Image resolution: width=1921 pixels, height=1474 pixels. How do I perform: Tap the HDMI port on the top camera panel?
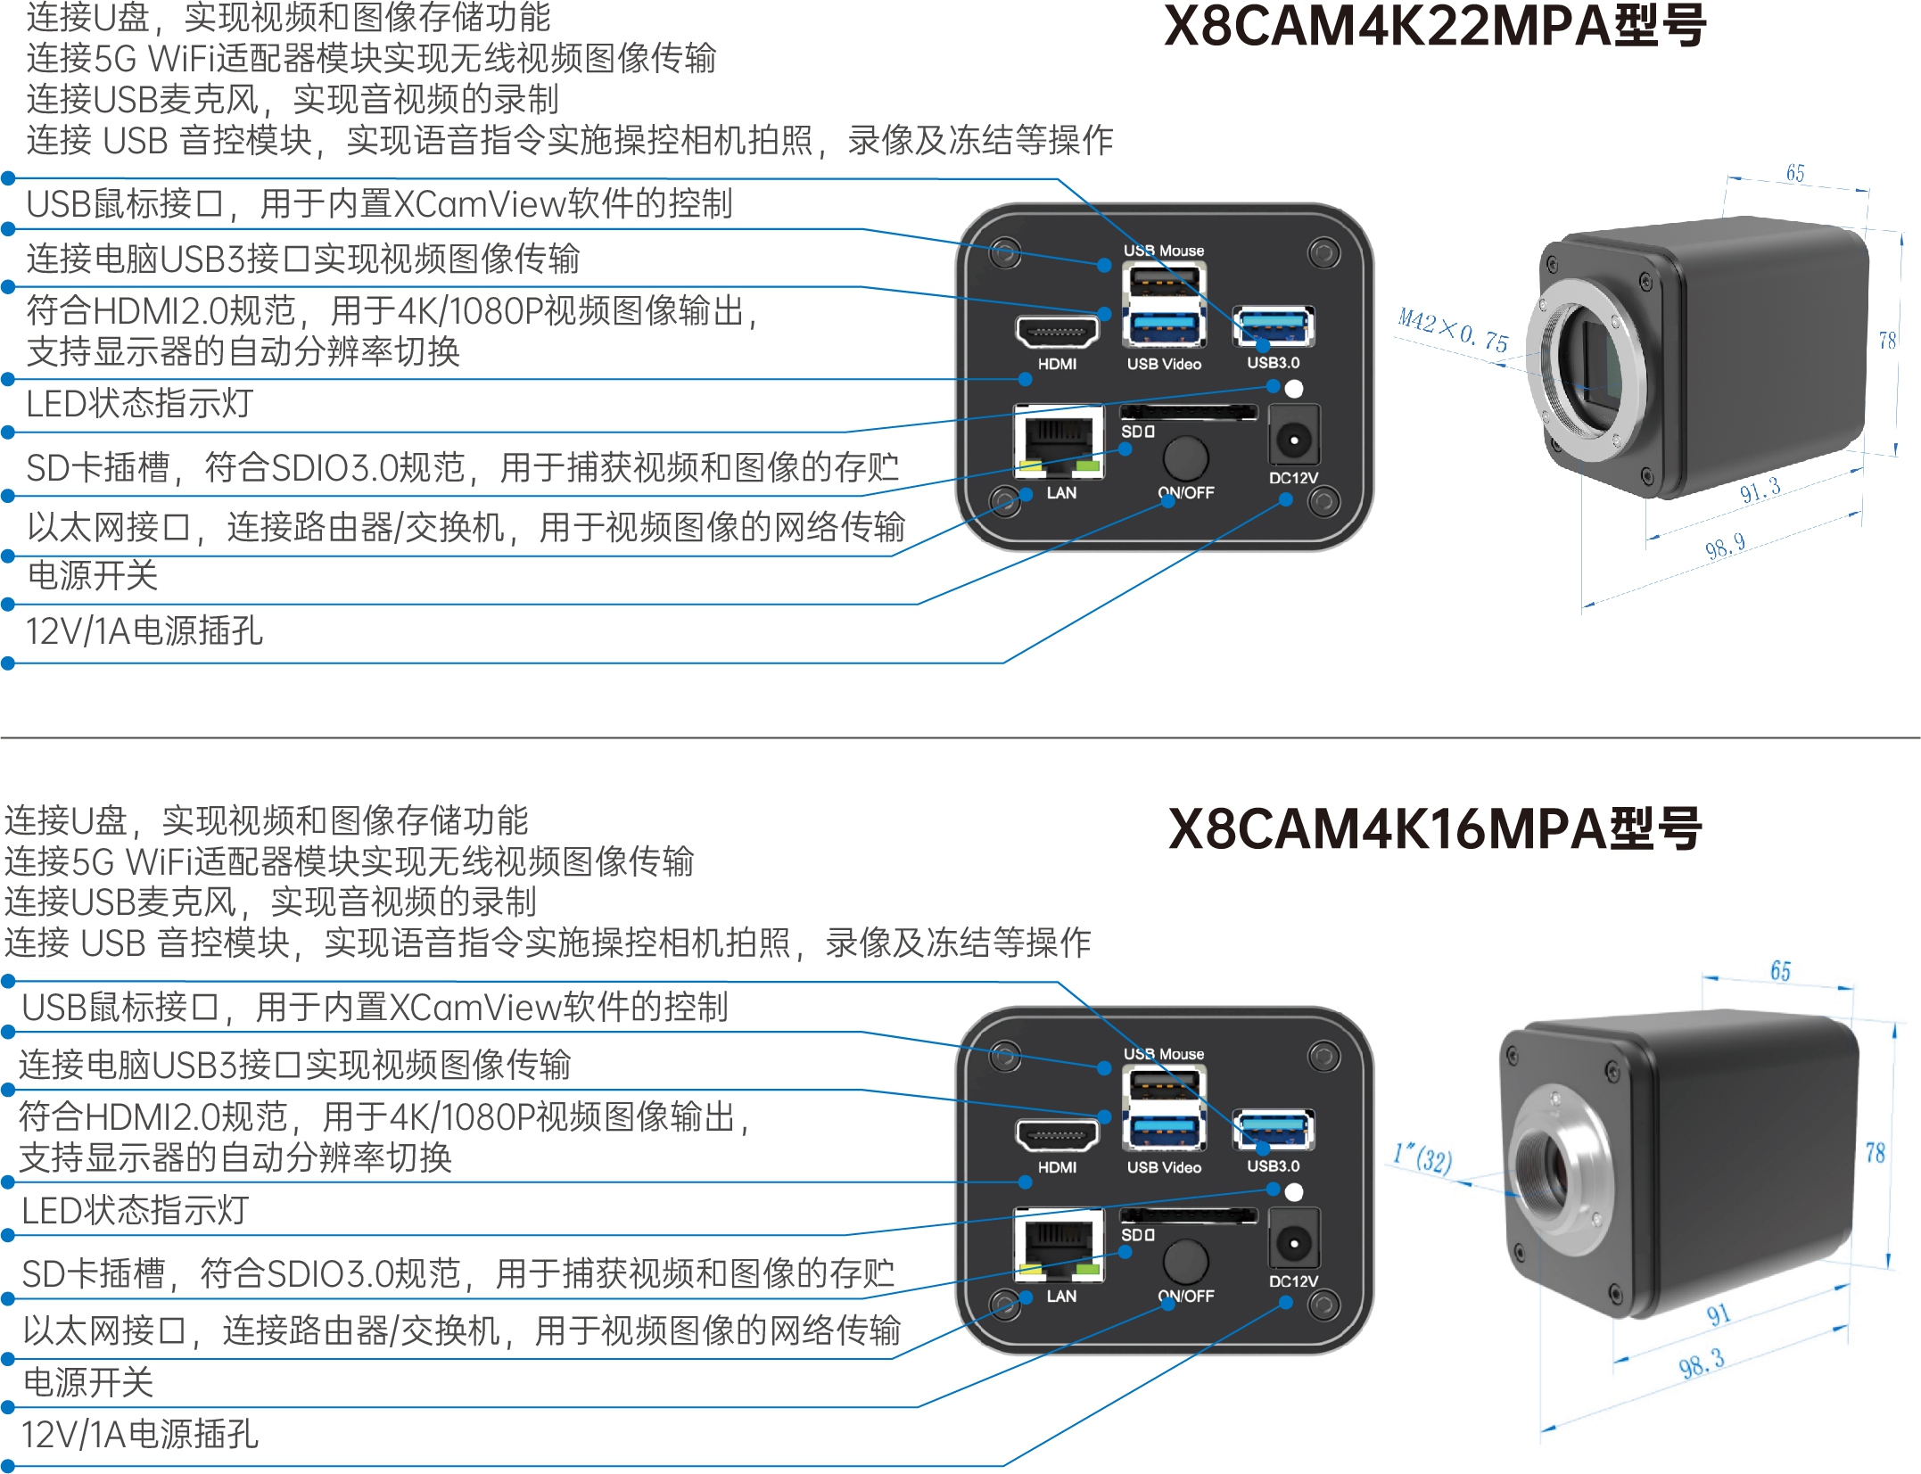pyautogui.click(x=1057, y=333)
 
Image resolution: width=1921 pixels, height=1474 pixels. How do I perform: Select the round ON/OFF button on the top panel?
pyautogui.click(x=1185, y=457)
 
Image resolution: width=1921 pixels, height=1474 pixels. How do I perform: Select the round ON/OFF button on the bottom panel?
pyautogui.click(x=1185, y=1261)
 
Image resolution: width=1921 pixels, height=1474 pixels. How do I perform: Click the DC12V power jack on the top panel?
pyautogui.click(x=1293, y=439)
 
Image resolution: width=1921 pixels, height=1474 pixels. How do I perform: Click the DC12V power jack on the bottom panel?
pyautogui.click(x=1293, y=1242)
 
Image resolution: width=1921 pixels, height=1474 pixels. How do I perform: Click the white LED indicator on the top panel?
pyautogui.click(x=1294, y=388)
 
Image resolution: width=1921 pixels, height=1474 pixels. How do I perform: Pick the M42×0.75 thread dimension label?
pyautogui.click(x=1453, y=331)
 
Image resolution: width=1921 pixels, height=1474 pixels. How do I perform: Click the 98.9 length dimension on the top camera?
pyautogui.click(x=1725, y=546)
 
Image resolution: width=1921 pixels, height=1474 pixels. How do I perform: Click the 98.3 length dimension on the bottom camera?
pyautogui.click(x=1701, y=1363)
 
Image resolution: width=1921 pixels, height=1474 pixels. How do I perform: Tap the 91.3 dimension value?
pyautogui.click(x=1760, y=490)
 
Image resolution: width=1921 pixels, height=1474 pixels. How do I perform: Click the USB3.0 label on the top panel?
pyautogui.click(x=1273, y=363)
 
